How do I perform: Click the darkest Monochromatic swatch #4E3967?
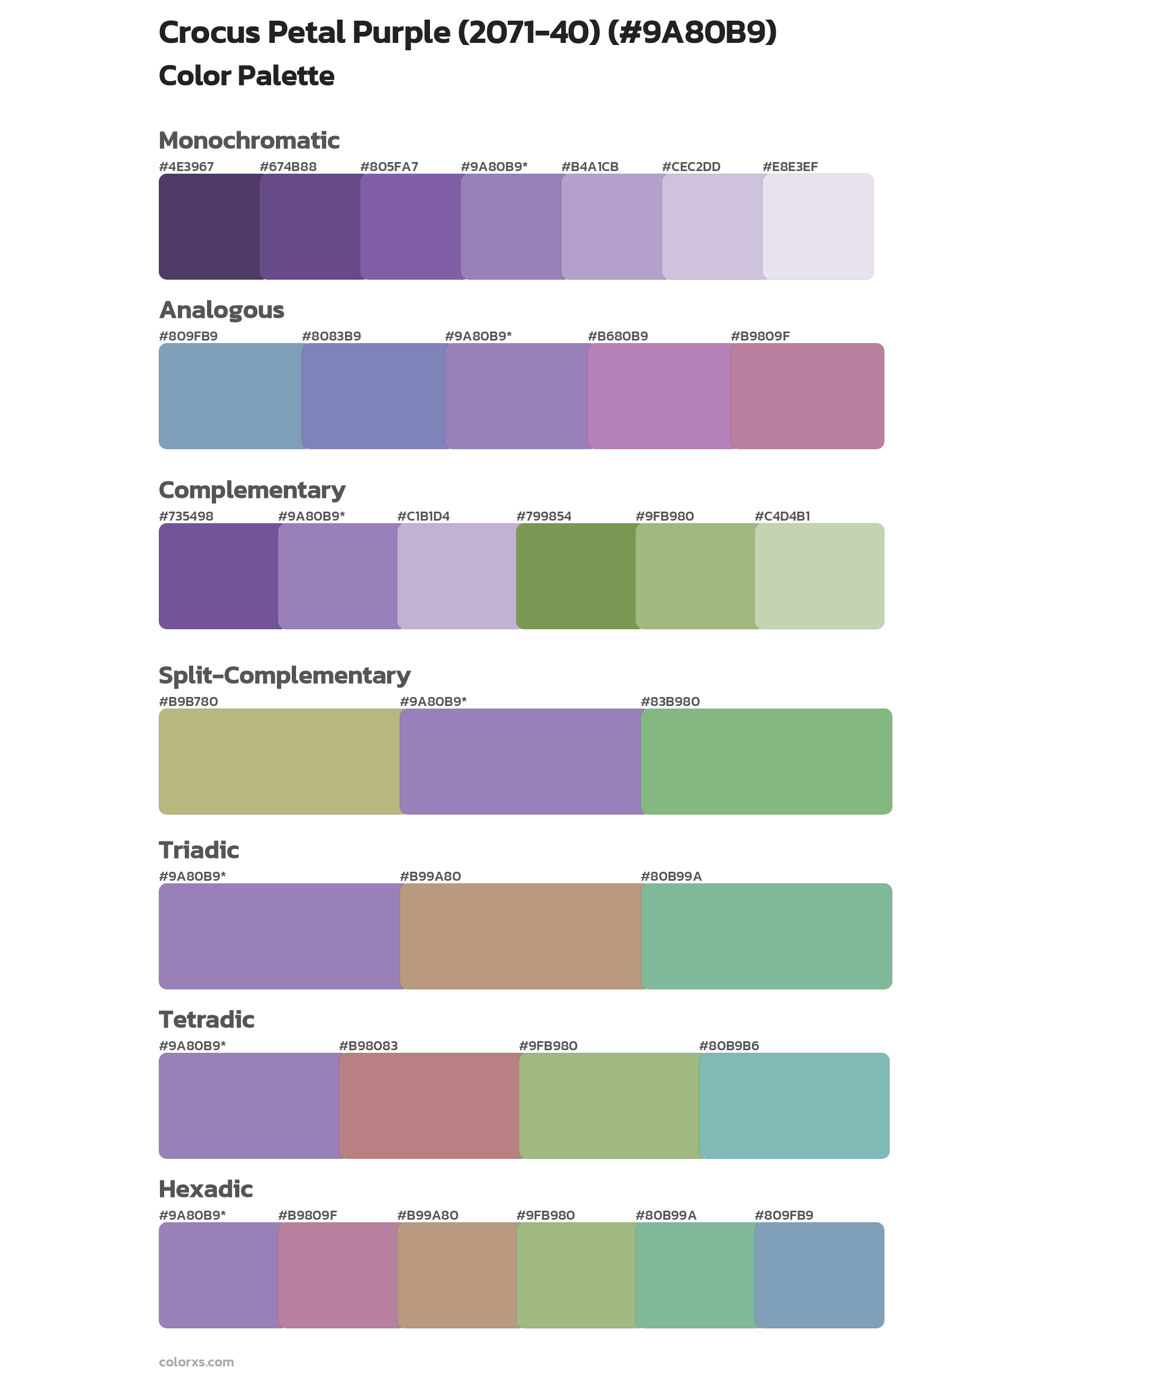click(x=209, y=227)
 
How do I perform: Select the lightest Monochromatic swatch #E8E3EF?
click(x=818, y=227)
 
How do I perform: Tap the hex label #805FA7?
click(x=389, y=166)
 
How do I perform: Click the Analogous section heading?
click(x=221, y=310)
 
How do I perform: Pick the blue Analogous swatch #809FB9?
click(x=230, y=396)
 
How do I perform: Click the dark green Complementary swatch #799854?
click(x=575, y=576)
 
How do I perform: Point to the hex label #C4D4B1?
click(x=782, y=516)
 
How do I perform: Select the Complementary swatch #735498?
click(x=218, y=576)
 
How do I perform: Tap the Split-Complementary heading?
click(x=285, y=675)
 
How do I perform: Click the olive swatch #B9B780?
click(x=279, y=761)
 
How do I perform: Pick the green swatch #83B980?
click(x=766, y=761)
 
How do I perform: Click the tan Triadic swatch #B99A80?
click(x=520, y=936)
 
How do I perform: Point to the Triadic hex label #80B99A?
click(x=671, y=876)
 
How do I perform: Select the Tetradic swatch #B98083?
click(x=428, y=1105)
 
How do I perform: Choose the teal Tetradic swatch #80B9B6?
click(x=794, y=1105)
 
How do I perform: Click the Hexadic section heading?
click(x=205, y=1189)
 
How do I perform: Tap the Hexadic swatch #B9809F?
click(x=337, y=1275)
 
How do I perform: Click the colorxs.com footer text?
click(x=196, y=1362)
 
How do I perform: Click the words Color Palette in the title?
click(x=246, y=76)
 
